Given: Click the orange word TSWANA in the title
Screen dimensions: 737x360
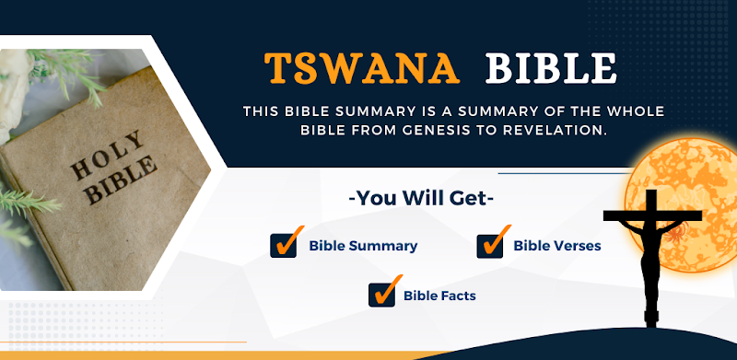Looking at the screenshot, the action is (362, 69).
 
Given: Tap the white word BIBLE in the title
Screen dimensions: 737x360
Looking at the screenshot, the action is (551, 69).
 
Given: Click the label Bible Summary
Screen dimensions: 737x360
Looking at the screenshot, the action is (363, 246).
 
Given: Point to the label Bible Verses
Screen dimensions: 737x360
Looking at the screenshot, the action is (557, 246).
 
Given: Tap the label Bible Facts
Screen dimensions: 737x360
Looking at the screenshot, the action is (440, 296).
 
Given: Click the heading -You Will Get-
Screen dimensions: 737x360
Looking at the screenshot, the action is (421, 199).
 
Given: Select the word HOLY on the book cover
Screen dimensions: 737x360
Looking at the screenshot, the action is (107, 154).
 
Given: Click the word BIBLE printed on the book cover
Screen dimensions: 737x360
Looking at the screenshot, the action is (123, 180).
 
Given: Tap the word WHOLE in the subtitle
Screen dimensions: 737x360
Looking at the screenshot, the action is (637, 111).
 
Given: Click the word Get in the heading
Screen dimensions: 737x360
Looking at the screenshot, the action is (474, 199).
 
